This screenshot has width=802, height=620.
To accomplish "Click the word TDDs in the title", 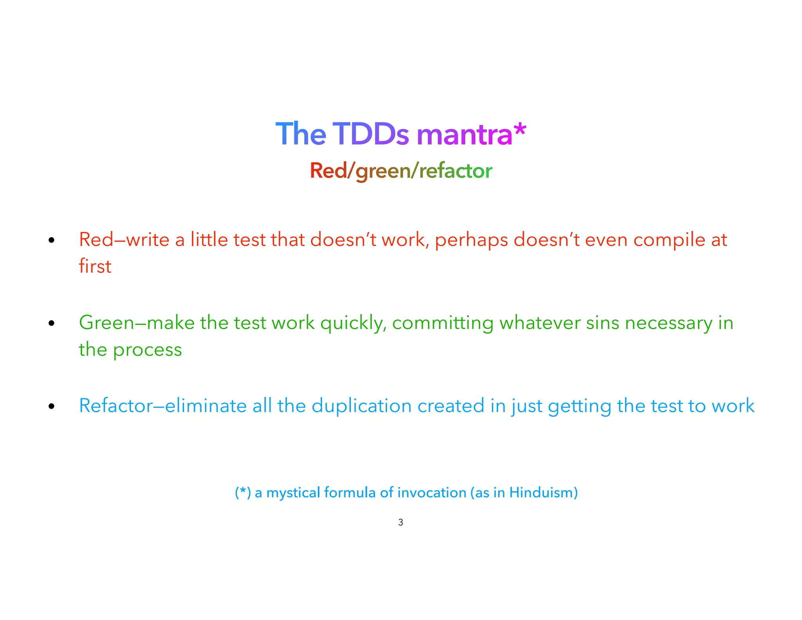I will [370, 134].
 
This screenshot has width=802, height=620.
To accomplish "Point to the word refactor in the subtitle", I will [455, 171].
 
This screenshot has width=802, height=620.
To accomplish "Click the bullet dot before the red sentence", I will [51, 240].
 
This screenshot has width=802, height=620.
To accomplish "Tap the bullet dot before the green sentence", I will [51, 323].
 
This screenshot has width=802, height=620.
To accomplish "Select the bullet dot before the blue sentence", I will [51, 406].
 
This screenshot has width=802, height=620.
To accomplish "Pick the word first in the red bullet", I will [95, 266].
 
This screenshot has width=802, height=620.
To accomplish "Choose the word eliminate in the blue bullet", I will [206, 406].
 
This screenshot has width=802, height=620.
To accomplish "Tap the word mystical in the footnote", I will [293, 493].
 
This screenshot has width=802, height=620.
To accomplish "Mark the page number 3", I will [401, 522].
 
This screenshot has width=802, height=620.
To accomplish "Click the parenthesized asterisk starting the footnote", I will [243, 492].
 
